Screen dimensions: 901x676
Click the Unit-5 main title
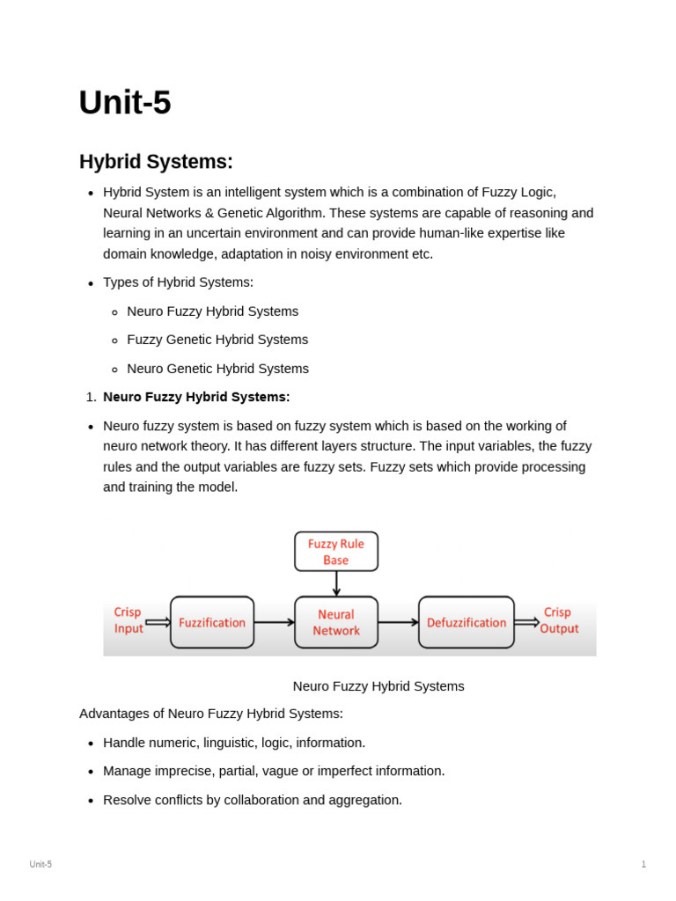[125, 103]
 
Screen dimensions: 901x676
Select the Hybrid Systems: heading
[156, 162]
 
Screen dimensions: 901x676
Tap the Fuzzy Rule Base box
[336, 552]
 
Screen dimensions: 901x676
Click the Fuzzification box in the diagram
[212, 622]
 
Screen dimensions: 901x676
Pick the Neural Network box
[336, 622]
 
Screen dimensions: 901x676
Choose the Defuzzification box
[467, 622]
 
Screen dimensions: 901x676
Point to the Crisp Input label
[128, 620]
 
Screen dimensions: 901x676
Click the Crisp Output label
[559, 620]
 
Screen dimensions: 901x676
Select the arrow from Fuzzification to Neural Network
[274, 622]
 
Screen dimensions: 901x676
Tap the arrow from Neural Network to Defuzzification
[398, 622]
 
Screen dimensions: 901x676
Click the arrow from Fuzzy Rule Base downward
[336, 583]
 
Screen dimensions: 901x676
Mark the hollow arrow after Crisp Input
[158, 622]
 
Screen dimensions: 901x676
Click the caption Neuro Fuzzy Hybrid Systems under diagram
[378, 686]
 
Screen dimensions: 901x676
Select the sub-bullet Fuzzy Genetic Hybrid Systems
[217, 340]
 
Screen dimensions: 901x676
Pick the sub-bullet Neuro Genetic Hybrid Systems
[217, 369]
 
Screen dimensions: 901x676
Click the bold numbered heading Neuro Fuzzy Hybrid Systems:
[196, 397]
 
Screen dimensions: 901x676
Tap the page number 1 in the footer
[643, 864]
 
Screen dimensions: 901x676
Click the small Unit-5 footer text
[40, 864]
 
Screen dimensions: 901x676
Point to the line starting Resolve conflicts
[253, 800]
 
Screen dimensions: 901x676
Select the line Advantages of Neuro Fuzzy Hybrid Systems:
[211, 714]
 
